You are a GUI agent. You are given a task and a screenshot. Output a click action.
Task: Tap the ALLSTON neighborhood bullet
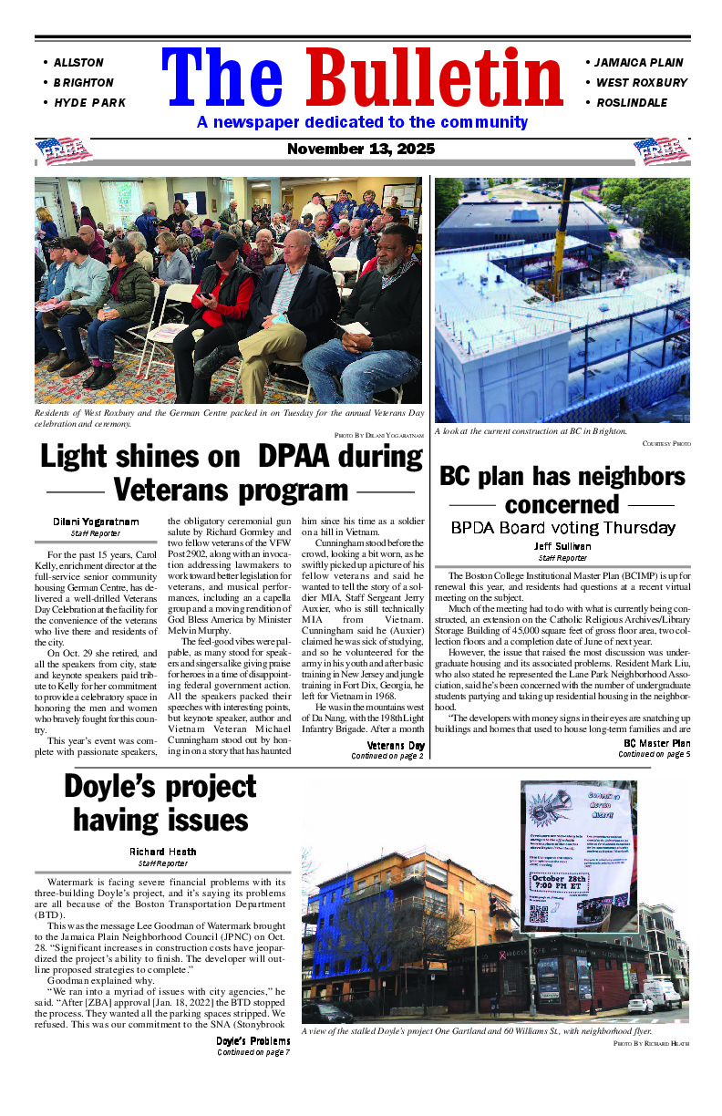click(78, 63)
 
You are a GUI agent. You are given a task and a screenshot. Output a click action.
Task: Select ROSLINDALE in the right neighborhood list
click(631, 103)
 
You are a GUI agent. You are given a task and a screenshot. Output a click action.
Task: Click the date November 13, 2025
click(361, 149)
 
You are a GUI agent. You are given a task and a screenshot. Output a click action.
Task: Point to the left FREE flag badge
click(64, 151)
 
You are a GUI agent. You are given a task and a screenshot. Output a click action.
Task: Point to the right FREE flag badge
click(662, 151)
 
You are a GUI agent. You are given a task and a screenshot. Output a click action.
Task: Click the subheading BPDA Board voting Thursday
click(562, 528)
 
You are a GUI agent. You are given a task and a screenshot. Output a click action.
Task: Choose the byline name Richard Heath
click(161, 852)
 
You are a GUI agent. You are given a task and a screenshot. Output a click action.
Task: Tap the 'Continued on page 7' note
click(253, 1052)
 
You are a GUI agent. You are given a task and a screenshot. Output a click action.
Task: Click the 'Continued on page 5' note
click(654, 754)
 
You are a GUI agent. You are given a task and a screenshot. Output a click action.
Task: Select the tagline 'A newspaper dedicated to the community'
click(362, 122)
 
